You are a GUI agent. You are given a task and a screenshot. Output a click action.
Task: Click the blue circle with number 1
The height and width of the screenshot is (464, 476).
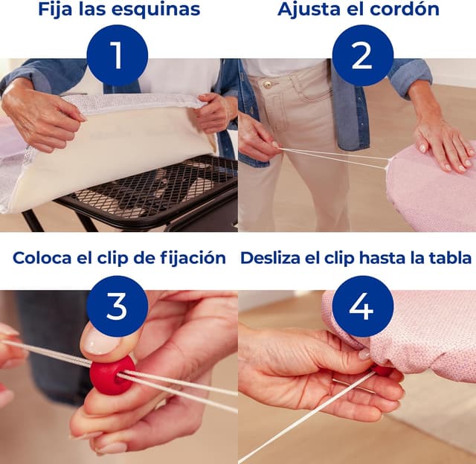117,55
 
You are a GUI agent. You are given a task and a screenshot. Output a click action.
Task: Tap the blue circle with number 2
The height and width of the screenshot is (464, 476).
361,55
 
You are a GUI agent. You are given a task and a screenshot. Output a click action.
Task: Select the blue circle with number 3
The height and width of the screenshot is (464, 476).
117,306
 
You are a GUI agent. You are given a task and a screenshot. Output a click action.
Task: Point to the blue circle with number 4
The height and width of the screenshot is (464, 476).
361,306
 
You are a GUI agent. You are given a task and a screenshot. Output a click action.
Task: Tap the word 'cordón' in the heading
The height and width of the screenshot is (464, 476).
406,10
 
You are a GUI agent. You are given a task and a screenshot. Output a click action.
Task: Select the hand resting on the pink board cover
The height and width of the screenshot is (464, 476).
445,141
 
